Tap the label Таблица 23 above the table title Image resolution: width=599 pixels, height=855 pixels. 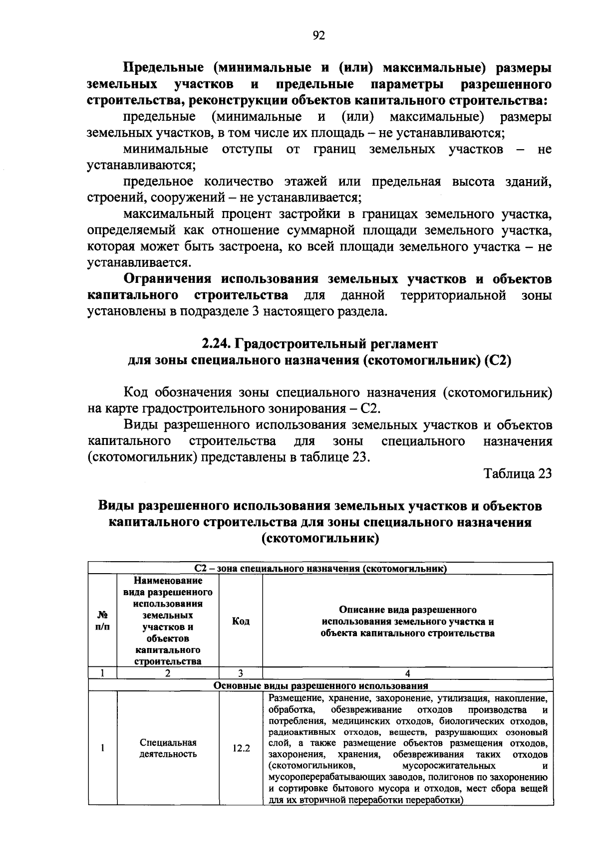[518, 473]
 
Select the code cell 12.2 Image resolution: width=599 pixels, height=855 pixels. [241, 748]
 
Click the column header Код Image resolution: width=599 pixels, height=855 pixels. [241, 621]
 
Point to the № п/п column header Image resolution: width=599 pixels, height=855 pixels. [102, 621]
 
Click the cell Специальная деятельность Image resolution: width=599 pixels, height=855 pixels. [168, 748]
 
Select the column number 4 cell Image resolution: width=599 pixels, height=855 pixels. [407, 673]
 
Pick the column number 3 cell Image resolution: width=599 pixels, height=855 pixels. [241, 673]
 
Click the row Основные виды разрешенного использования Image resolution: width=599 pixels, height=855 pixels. [320, 685]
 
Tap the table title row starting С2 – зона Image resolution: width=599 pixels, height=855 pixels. [320, 568]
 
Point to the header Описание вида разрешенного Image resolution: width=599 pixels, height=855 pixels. [407, 610]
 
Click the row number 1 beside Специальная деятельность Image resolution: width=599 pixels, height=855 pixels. [102, 748]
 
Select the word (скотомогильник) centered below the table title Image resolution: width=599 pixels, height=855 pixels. [320, 539]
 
